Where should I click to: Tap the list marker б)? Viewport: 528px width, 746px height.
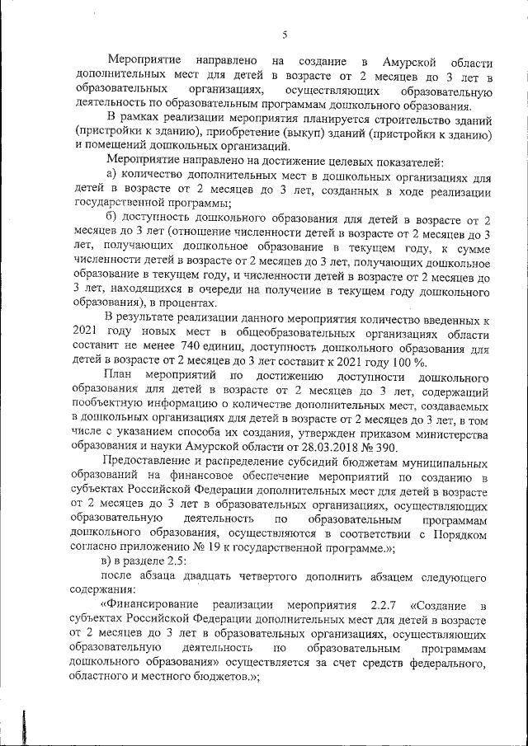coord(115,218)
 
